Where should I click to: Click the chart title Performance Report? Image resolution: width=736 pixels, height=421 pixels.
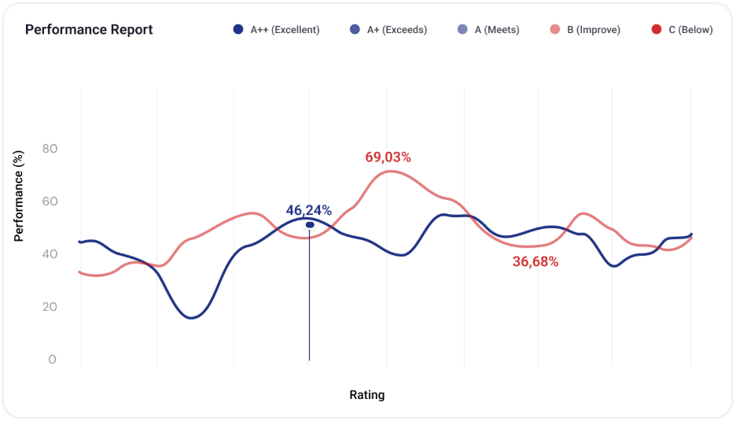click(x=89, y=30)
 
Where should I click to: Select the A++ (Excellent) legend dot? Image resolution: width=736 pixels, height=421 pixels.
click(x=238, y=30)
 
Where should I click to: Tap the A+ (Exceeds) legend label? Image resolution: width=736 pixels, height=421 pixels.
click(x=397, y=30)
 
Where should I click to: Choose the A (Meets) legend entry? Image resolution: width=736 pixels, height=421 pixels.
click(x=488, y=30)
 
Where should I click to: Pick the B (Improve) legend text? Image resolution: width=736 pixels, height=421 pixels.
click(x=594, y=30)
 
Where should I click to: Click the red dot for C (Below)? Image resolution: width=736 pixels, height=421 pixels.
click(x=657, y=30)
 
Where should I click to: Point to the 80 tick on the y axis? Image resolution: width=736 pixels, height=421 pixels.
click(x=50, y=149)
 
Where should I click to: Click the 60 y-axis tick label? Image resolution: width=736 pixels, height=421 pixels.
click(x=50, y=201)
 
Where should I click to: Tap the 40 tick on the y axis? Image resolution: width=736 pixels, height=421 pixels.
click(x=50, y=253)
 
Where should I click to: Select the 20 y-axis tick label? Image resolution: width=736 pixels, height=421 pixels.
click(x=50, y=306)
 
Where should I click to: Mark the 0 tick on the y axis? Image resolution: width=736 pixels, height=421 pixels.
click(x=52, y=359)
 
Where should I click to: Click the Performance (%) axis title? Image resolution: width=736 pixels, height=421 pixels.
click(x=18, y=196)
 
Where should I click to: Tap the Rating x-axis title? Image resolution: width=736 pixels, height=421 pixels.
click(x=367, y=395)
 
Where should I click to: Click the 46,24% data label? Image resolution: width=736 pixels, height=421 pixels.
click(x=309, y=210)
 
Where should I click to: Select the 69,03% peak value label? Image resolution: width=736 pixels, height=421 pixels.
click(x=388, y=157)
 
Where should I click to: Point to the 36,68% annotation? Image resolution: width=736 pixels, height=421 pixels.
click(x=535, y=262)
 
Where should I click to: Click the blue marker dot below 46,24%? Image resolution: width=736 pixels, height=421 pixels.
click(x=310, y=225)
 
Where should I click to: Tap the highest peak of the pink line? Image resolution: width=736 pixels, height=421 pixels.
click(x=390, y=171)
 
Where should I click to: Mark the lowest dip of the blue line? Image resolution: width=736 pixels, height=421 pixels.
click(x=192, y=318)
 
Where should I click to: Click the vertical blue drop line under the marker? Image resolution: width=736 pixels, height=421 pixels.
click(x=309, y=294)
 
